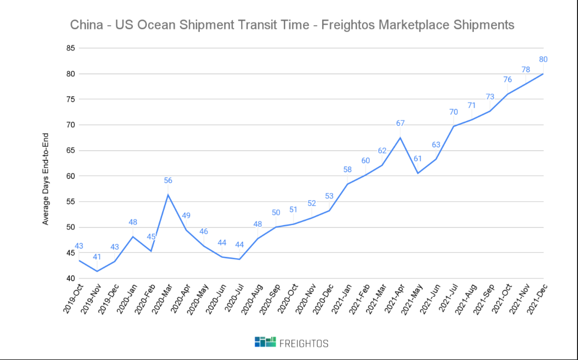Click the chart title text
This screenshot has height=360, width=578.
click(292, 25)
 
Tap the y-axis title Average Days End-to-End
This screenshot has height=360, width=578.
click(46, 178)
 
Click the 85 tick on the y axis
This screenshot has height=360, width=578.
click(69, 49)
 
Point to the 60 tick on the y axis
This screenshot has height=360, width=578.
click(69, 176)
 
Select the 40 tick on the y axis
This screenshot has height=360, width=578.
click(69, 279)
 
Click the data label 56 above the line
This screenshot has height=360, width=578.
click(168, 181)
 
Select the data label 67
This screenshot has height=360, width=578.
click(401, 123)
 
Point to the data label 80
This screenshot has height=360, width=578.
click(543, 60)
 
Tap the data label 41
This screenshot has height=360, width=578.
click(97, 257)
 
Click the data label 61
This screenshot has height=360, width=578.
click(418, 159)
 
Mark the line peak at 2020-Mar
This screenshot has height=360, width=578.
click(168, 195)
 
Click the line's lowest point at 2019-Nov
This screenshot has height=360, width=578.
click(97, 272)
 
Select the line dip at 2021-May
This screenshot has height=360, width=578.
click(418, 173)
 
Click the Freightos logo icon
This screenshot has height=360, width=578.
click(265, 342)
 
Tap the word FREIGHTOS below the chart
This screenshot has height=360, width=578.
click(304, 343)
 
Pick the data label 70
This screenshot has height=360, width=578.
click(454, 112)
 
